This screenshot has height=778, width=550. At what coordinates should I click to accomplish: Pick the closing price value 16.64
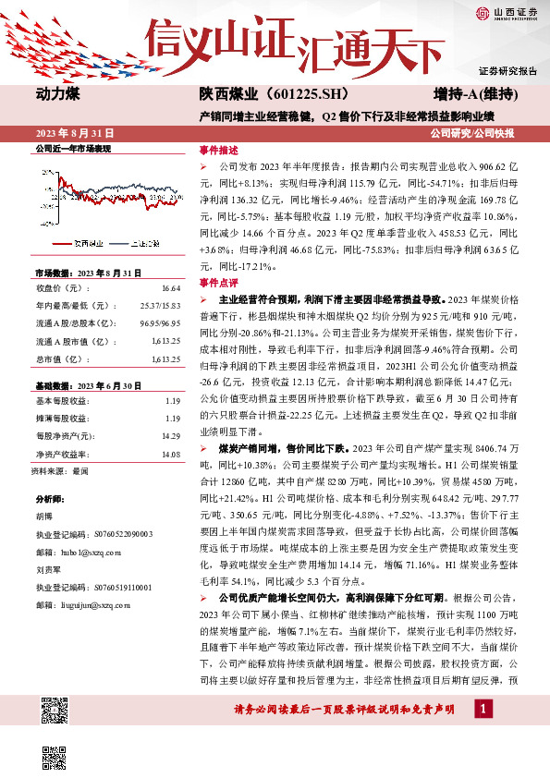tap(170, 288)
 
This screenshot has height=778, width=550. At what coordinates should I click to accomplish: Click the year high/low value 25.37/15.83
tap(159, 305)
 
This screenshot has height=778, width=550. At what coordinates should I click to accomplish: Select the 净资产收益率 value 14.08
tap(170, 454)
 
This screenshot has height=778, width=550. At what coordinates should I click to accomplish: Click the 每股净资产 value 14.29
tap(170, 435)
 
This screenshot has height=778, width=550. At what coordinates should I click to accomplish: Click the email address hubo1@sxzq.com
tap(93, 551)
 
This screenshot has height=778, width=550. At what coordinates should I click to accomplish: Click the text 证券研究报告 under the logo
tap(507, 71)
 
